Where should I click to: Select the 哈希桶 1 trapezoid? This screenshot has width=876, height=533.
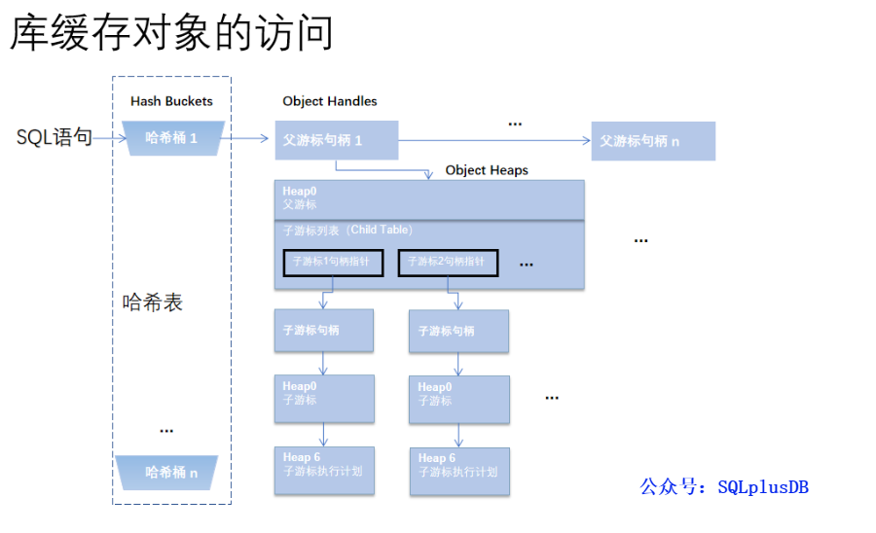[x=172, y=138]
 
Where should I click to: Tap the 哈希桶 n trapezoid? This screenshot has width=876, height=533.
[x=172, y=472]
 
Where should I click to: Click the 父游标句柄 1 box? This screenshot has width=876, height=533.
[x=337, y=140]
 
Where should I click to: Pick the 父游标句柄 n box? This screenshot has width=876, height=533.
[x=653, y=141]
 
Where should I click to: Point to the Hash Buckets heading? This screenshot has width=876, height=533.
[x=171, y=101]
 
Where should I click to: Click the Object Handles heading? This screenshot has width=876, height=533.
[x=330, y=101]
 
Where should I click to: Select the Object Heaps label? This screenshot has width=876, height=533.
[x=487, y=170]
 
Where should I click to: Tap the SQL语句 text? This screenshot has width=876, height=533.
[x=55, y=138]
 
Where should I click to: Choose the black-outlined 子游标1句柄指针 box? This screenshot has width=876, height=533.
[x=333, y=263]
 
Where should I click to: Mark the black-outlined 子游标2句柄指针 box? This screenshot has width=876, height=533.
[x=448, y=263]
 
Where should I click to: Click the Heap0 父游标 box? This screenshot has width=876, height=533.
[x=429, y=199]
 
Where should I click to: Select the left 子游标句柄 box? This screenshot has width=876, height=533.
[x=324, y=331]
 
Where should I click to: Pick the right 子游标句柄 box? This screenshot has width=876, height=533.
[x=459, y=332]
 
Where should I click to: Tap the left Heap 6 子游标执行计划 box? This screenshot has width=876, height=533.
[x=324, y=471]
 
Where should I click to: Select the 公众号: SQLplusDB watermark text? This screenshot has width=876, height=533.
[x=724, y=487]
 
